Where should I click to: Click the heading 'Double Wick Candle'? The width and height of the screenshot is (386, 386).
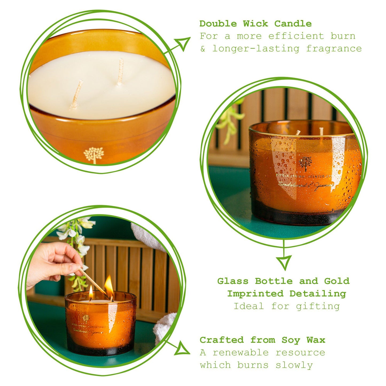255,24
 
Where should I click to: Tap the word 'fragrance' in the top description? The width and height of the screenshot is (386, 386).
334,49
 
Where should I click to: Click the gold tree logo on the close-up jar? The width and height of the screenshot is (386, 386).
93,154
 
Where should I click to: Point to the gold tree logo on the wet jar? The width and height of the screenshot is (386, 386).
305,163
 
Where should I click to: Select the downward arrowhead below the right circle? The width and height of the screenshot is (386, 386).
284,262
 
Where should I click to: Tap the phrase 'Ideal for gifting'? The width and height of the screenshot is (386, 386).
286,306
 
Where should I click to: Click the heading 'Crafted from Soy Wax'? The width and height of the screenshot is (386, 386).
262,340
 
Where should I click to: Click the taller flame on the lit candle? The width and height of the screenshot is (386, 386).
109,286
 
